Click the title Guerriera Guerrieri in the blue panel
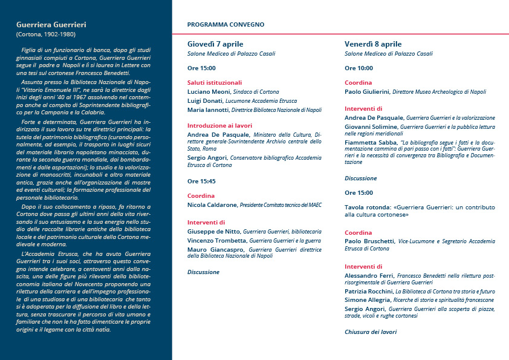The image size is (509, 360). click(x=51, y=25)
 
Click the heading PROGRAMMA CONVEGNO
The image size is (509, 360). click(x=225, y=25)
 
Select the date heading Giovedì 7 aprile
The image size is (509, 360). click(x=215, y=44)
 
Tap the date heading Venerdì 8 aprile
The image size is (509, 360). click(x=373, y=44)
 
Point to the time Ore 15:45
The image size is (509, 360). click(x=201, y=181)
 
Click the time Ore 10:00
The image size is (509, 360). click(x=358, y=68)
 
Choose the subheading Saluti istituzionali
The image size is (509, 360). click(x=215, y=82)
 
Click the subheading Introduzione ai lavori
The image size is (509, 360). click(x=218, y=125)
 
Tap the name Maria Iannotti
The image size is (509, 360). click(x=209, y=110)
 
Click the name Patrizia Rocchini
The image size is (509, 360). click(x=369, y=291)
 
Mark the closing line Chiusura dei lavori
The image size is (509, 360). click(x=371, y=332)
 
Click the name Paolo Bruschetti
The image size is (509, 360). click(x=369, y=241)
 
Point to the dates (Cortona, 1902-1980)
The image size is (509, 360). click(x=45, y=34)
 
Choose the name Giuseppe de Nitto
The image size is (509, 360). click(x=215, y=232)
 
